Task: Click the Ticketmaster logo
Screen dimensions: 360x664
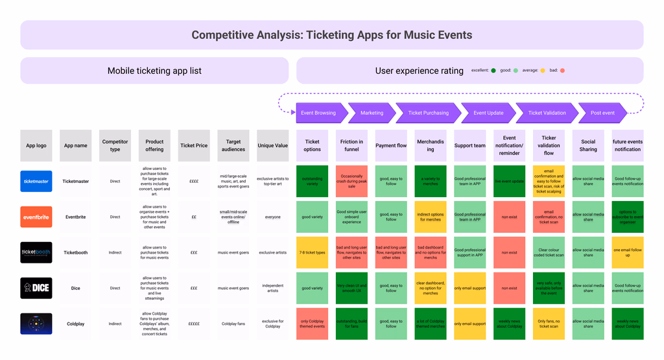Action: (x=36, y=181)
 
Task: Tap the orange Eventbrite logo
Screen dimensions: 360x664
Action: (x=36, y=217)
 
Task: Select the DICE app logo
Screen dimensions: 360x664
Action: (x=36, y=288)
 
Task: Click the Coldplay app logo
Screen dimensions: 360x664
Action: (x=36, y=324)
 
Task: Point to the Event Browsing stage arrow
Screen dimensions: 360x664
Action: (x=318, y=113)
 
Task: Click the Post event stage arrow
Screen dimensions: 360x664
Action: (x=602, y=113)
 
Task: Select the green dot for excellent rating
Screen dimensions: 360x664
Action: (x=493, y=70)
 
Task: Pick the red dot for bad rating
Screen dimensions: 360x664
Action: (x=563, y=70)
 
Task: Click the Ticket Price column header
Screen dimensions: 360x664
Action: (x=194, y=145)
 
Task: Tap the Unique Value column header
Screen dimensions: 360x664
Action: (x=273, y=145)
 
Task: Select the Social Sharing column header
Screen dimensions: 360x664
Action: (x=588, y=145)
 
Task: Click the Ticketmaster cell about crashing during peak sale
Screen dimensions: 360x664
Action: (x=351, y=181)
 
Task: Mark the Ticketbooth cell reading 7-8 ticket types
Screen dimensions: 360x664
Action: (x=312, y=252)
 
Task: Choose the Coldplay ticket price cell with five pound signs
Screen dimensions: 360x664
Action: (x=194, y=324)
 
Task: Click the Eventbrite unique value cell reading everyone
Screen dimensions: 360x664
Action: (x=273, y=217)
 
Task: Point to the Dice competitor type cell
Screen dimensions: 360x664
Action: (x=115, y=288)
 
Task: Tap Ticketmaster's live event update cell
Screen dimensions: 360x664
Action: (x=509, y=181)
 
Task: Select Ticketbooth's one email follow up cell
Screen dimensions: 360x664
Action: (x=628, y=252)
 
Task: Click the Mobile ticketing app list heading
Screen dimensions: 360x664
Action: (x=154, y=71)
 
